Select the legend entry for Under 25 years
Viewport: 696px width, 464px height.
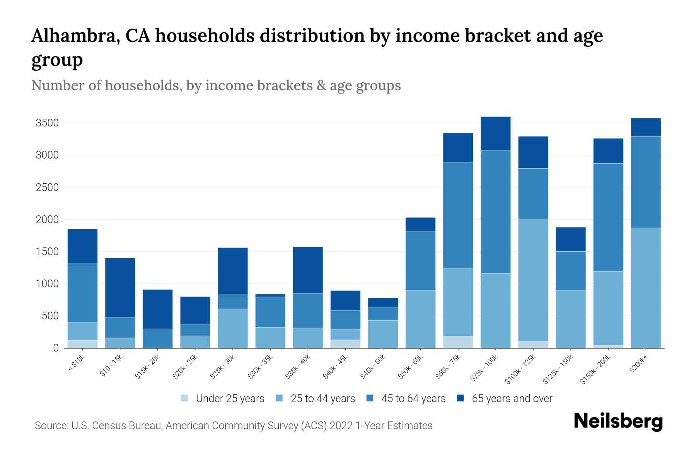(x=223, y=399)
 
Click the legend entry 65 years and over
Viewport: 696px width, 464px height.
(x=505, y=399)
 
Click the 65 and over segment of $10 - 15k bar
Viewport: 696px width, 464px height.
(x=120, y=287)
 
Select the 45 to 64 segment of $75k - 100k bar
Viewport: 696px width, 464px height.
(x=495, y=212)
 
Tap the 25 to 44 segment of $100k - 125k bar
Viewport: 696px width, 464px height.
(x=533, y=280)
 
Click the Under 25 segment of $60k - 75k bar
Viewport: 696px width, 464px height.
(x=458, y=342)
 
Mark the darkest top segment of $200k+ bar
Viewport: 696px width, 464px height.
(x=645, y=127)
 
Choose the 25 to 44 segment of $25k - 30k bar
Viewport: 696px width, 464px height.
(x=232, y=328)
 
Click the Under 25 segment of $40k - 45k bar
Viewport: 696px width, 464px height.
(x=345, y=344)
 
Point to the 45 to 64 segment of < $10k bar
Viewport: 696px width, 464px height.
(x=82, y=293)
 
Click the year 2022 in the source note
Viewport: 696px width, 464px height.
(x=341, y=426)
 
